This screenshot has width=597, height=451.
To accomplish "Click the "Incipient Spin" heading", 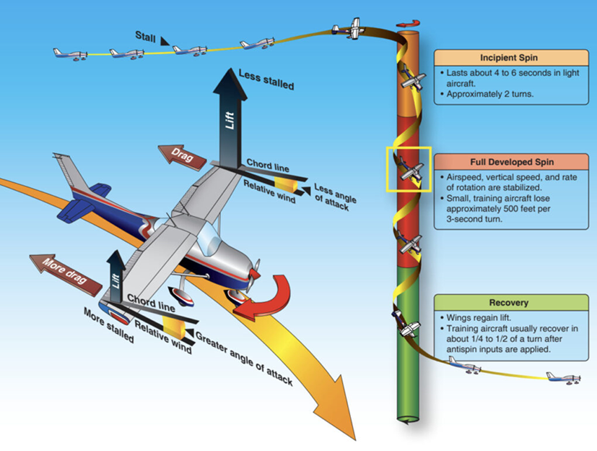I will pyautogui.click(x=509, y=57).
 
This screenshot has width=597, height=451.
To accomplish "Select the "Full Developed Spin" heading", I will pyautogui.click(x=509, y=160).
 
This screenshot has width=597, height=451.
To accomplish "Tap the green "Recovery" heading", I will pyautogui.click(x=509, y=302).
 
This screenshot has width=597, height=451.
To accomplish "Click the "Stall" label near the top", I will pyautogui.click(x=146, y=35).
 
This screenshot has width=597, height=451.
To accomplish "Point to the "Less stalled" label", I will pyautogui.click(x=267, y=80).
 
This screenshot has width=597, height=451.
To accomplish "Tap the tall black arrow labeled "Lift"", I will pyautogui.click(x=230, y=116).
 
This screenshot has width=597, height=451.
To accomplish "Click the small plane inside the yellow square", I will pyautogui.click(x=409, y=171).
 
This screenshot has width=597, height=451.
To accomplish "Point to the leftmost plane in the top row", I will pyautogui.click(x=70, y=53).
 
